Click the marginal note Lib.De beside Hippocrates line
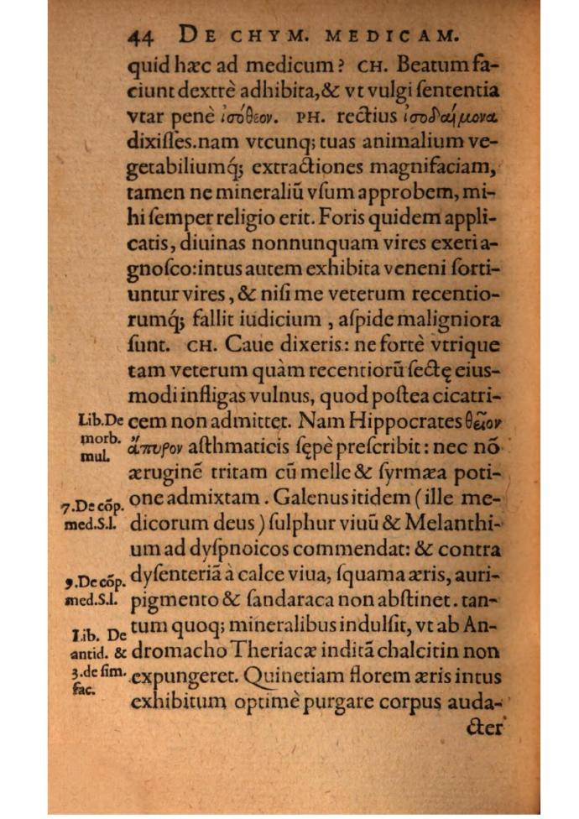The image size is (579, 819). coord(99,420)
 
